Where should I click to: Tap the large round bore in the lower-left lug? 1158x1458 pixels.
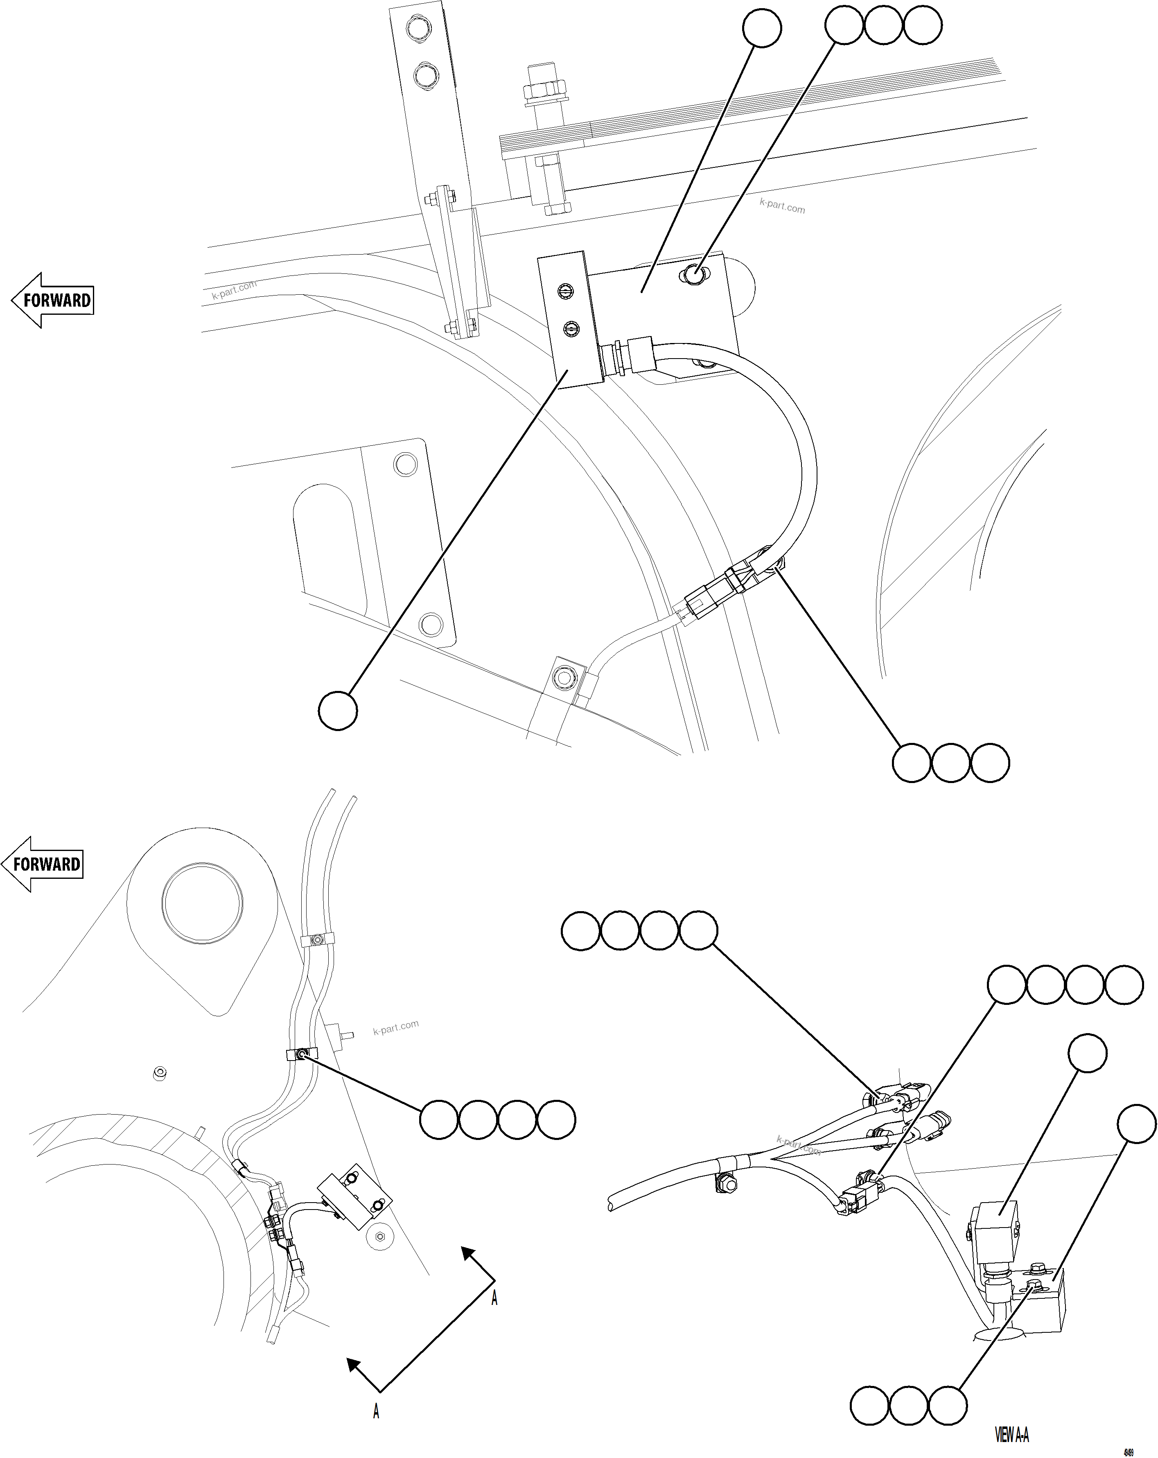pyautogui.click(x=203, y=903)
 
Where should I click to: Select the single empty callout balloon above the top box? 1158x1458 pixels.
pyautogui.click(x=762, y=28)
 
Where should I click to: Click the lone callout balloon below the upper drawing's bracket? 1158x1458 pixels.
pyautogui.click(x=338, y=711)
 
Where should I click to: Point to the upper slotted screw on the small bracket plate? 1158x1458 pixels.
pyautogui.click(x=567, y=290)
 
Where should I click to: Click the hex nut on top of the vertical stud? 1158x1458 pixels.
pyautogui.click(x=544, y=88)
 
